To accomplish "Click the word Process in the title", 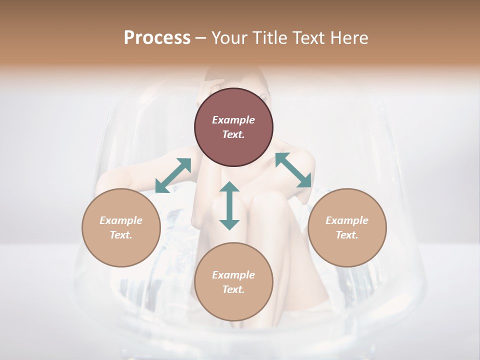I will click(157, 38).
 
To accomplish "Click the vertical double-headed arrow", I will click(229, 205).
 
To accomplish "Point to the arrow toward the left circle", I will click(173, 175).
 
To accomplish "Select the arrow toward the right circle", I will click(293, 170).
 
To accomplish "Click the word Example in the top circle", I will click(233, 120).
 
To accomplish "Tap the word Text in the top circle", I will click(233, 134).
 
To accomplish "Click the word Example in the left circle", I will click(121, 220).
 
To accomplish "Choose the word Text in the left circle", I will click(121, 235).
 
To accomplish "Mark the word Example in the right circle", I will click(347, 220).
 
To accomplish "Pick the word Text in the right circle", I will click(347, 235).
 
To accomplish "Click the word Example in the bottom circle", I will click(233, 275).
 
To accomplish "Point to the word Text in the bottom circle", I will click(233, 289).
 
